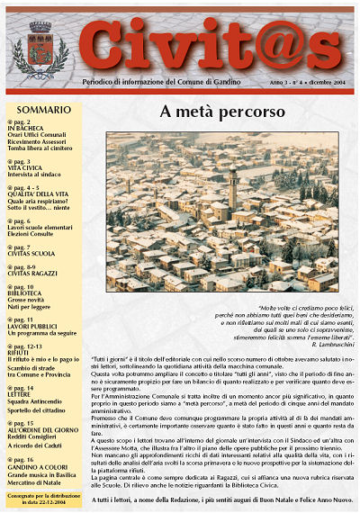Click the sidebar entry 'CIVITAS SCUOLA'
pyautogui.click(x=35, y=253)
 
